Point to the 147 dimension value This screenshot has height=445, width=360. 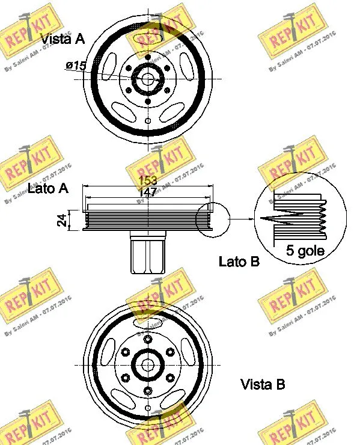148,192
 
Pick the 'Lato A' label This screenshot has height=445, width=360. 48,188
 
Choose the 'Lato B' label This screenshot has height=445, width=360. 239,261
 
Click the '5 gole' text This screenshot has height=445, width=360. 305,251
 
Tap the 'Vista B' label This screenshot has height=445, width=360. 263,384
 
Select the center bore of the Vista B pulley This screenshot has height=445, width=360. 148,365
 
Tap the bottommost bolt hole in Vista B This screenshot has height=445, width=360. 148,391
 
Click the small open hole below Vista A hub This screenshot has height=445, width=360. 148,121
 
